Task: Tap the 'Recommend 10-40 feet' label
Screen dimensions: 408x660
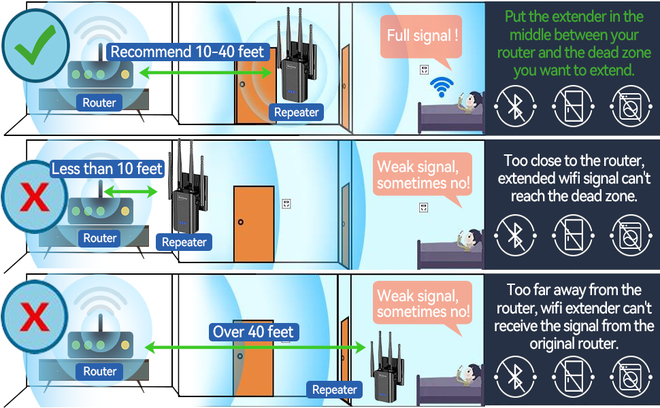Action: coord(187,52)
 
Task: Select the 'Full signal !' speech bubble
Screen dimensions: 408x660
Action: coord(423,35)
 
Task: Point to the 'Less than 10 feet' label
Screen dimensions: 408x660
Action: coord(108,169)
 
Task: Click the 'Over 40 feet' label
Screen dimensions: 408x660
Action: coord(253,332)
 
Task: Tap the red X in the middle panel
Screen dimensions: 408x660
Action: coord(34,199)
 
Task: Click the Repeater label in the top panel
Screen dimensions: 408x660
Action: coord(296,113)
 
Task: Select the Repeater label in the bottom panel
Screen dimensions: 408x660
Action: coord(334,390)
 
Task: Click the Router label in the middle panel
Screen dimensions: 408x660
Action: coord(99,238)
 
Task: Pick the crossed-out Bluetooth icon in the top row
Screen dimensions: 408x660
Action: coord(515,107)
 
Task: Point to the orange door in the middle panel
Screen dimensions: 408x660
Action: coord(253,223)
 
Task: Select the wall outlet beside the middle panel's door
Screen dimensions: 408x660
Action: coord(286,203)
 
